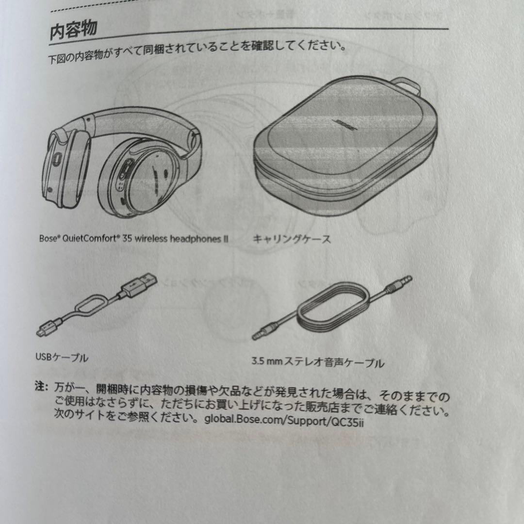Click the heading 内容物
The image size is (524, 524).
pyautogui.click(x=74, y=31)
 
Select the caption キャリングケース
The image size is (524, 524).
pyautogui.click(x=291, y=239)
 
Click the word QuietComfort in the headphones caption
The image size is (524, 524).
pyautogui.click(x=91, y=239)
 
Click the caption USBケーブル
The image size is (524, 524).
pyautogui.click(x=62, y=358)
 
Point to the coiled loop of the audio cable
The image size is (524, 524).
pyautogui.click(x=335, y=313)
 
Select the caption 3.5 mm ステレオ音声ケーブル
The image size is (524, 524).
pyautogui.click(x=318, y=362)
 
